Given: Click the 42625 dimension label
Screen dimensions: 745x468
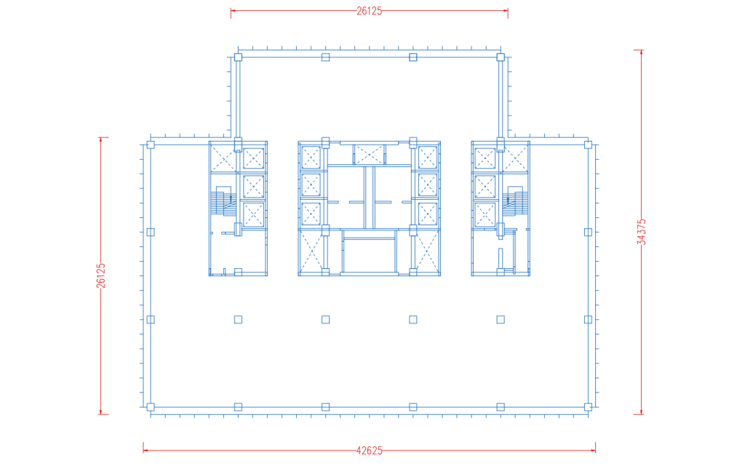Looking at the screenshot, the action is click(x=369, y=451).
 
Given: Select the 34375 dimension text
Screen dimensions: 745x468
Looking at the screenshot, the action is click(x=642, y=232).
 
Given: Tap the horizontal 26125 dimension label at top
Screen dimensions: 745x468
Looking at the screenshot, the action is click(x=369, y=11).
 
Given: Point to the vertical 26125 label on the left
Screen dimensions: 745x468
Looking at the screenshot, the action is click(x=100, y=275).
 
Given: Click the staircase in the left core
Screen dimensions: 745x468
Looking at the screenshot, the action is click(x=224, y=201).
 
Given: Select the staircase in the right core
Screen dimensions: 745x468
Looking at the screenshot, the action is click(x=515, y=201).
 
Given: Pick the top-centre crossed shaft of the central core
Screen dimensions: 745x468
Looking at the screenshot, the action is click(x=369, y=154).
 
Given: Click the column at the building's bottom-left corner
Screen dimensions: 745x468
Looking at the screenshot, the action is click(x=151, y=407).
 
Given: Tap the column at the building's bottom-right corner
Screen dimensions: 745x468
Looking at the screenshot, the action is click(x=588, y=407).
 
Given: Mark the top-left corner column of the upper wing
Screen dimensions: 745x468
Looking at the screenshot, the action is click(x=238, y=57).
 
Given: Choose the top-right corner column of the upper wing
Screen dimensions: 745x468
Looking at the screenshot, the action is click(x=501, y=57).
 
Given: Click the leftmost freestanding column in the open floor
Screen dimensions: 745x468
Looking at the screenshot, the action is click(x=238, y=320).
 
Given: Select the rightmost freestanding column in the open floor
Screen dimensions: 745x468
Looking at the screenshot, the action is click(x=501, y=320).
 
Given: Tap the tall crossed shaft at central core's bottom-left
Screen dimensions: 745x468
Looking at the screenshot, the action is click(x=311, y=251).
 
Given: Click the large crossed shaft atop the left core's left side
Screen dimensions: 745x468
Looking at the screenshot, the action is click(x=223, y=157).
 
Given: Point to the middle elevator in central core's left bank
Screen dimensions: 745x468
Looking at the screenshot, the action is click(x=311, y=185).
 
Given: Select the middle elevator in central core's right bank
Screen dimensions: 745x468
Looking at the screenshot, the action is click(x=428, y=185).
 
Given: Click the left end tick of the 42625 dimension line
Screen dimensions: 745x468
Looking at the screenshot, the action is click(x=143, y=448).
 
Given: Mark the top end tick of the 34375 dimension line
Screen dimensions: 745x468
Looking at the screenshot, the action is click(x=642, y=50).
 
